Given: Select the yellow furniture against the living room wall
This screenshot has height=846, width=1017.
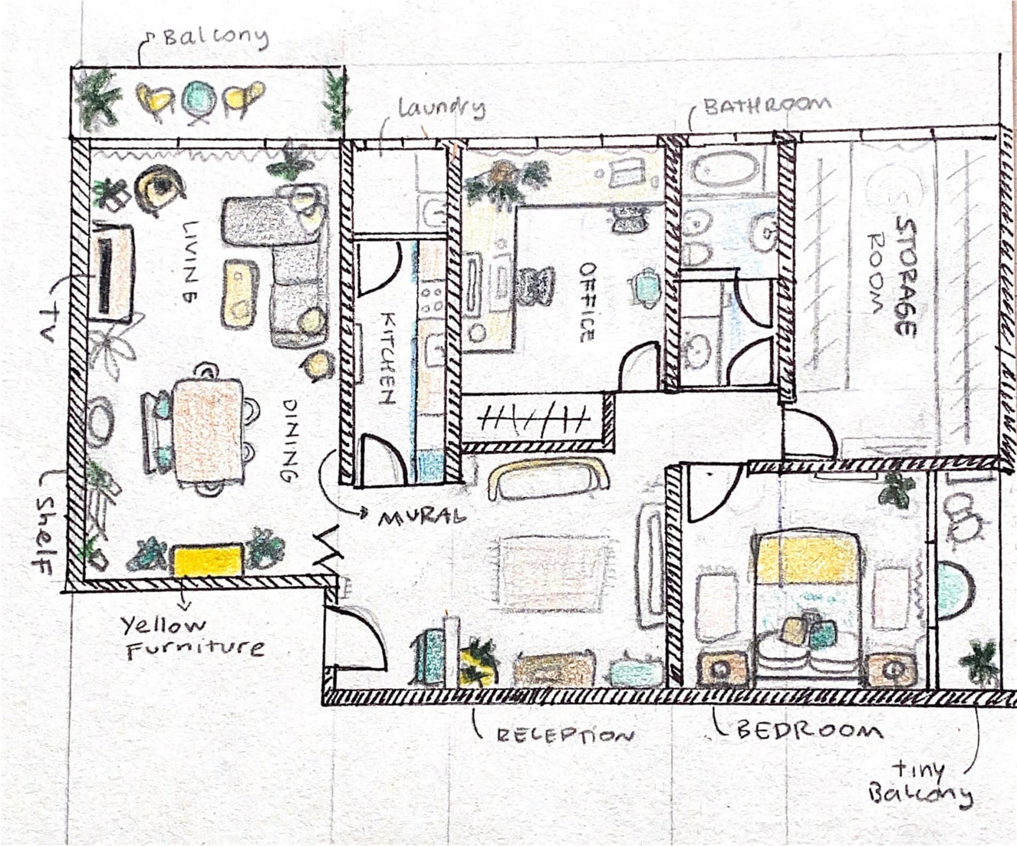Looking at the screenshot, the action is [208, 560].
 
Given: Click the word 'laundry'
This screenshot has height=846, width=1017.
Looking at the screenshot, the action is [442, 108].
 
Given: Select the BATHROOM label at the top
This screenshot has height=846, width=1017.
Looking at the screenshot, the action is [768, 105].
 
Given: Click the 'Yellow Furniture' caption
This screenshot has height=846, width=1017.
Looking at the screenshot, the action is [193, 637].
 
